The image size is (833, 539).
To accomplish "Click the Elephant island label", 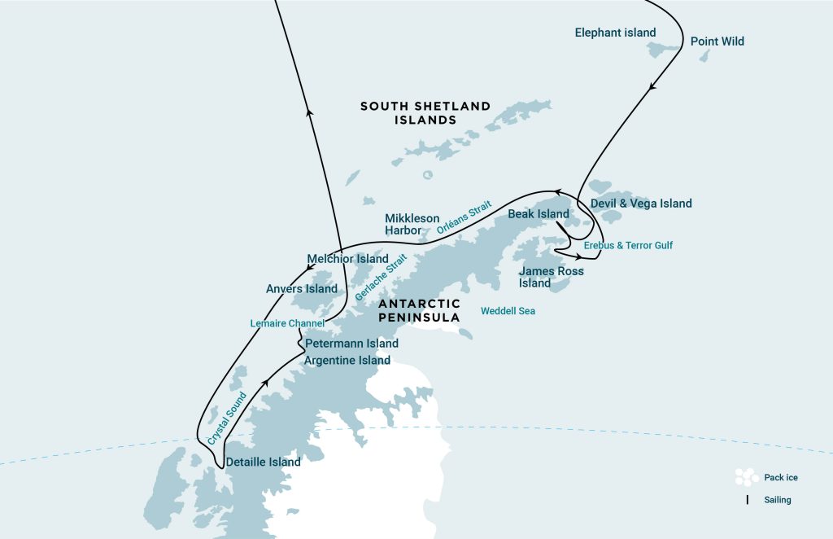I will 615,33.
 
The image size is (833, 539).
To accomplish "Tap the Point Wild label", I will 717,42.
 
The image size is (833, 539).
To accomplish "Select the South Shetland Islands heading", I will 425,112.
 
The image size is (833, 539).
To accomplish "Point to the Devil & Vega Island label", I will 641,204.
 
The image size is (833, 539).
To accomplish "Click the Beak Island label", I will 538,214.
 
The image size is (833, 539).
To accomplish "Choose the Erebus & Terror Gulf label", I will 628,245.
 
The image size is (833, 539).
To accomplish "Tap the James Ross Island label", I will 551,277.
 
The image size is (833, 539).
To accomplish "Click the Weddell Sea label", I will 508,311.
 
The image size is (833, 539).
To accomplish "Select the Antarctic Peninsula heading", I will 419,310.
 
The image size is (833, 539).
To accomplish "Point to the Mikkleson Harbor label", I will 412,224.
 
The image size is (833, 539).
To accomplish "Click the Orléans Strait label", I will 464,219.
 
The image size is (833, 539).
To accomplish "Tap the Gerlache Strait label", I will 381,277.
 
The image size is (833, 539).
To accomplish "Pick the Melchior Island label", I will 347,259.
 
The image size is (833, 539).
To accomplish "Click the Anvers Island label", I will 301,289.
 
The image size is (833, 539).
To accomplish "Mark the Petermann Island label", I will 351,344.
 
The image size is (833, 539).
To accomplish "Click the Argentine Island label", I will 347,361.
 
